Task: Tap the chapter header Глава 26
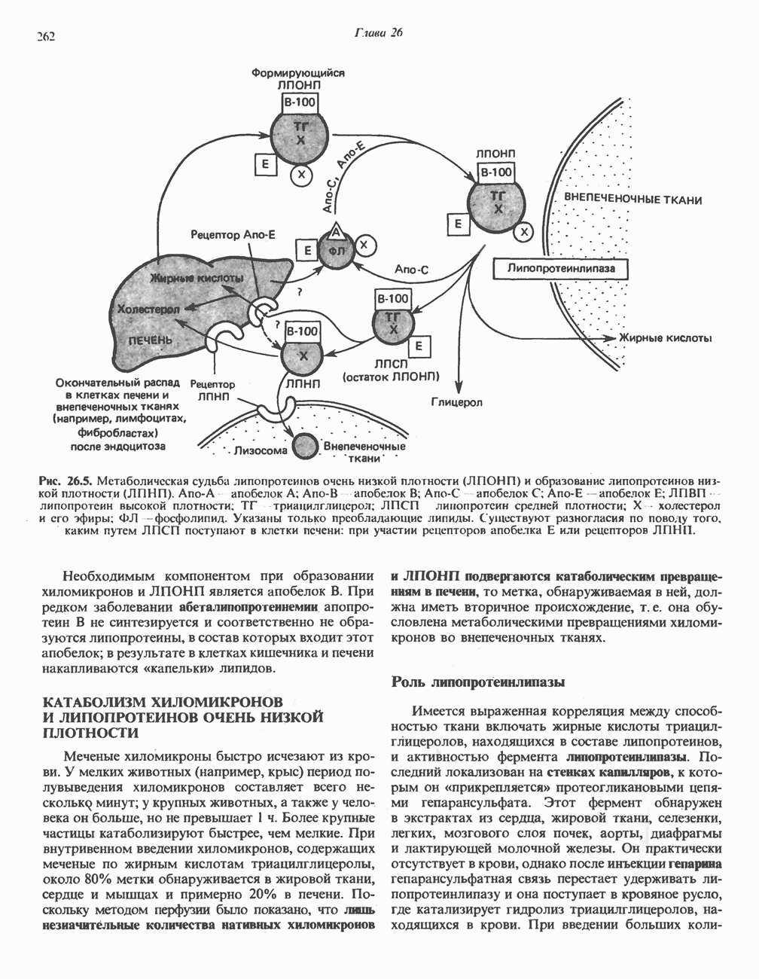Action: [x=379, y=32]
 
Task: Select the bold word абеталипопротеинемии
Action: [x=251, y=605]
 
